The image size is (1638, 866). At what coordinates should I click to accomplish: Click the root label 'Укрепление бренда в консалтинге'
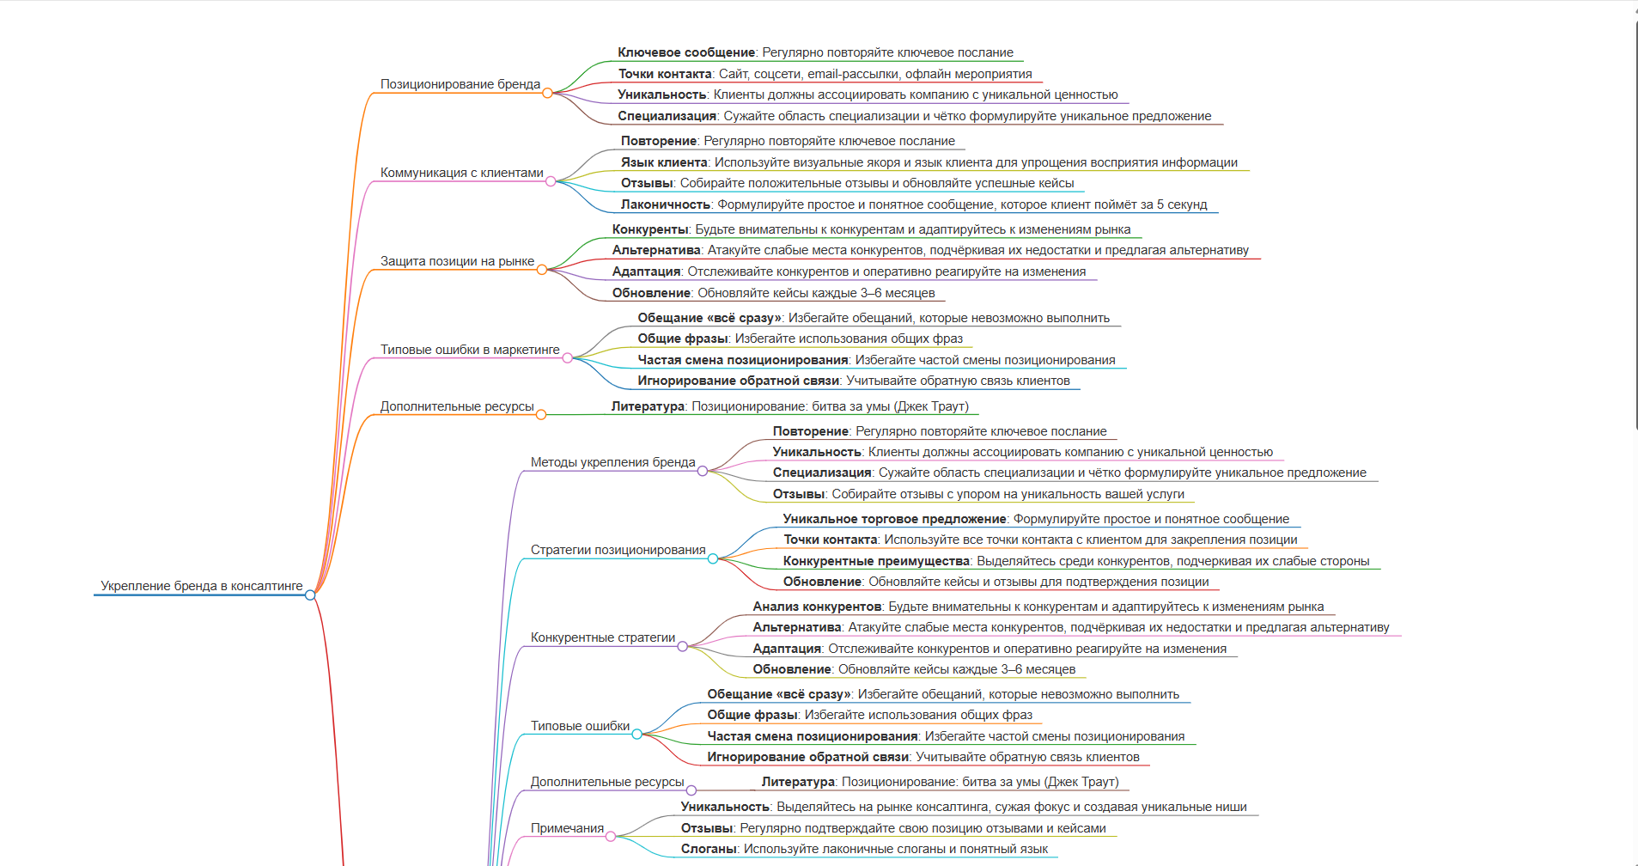202,586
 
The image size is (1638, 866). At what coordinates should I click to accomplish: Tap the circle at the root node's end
310,595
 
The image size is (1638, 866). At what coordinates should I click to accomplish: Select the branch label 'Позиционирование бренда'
460,84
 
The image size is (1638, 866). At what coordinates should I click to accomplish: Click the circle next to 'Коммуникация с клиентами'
551,181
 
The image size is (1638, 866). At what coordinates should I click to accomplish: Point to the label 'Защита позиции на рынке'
457,261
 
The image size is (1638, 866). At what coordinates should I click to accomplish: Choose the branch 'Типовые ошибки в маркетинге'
470,350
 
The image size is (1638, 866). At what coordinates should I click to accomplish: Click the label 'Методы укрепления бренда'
612,462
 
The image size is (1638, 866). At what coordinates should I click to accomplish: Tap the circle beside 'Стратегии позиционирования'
713,558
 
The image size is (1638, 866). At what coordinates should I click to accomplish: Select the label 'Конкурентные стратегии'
603,637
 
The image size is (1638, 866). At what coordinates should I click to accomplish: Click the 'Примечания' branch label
567,828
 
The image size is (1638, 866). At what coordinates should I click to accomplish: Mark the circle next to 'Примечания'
611,837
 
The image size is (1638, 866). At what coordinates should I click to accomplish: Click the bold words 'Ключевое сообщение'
686,52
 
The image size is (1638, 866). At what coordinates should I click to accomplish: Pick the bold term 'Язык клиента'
664,162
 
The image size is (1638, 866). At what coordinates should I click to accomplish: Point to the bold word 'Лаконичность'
666,204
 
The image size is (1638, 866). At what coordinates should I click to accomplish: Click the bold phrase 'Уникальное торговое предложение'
894,519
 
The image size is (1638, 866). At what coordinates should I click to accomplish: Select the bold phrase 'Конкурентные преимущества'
876,561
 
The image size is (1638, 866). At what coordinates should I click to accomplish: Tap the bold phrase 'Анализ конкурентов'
817,607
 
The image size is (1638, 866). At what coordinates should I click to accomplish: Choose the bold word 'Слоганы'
709,849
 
